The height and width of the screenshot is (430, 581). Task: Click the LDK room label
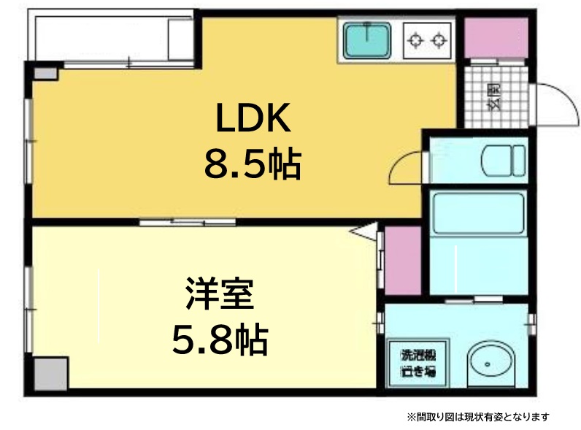point(253,118)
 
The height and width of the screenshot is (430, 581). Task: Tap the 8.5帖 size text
point(253,164)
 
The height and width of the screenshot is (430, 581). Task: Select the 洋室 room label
point(220,293)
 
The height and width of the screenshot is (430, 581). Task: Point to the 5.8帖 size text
point(220,339)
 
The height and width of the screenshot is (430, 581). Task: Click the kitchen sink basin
point(367,40)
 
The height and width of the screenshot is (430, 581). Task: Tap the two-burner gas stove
point(427,40)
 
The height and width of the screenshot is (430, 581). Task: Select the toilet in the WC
point(503,161)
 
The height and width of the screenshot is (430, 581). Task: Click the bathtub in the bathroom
point(478,212)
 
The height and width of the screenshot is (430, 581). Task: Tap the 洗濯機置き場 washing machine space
point(419,363)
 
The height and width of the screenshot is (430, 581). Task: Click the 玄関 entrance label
point(496,97)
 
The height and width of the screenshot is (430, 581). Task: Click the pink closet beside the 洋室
point(403,260)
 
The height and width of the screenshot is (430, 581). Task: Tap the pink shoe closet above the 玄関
point(496,38)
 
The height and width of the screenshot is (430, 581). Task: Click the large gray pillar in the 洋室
point(51,373)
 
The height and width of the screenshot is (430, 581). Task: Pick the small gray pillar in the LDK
point(45,74)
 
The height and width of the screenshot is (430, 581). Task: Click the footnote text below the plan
point(478,417)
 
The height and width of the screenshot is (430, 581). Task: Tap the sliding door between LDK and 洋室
point(188,222)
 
